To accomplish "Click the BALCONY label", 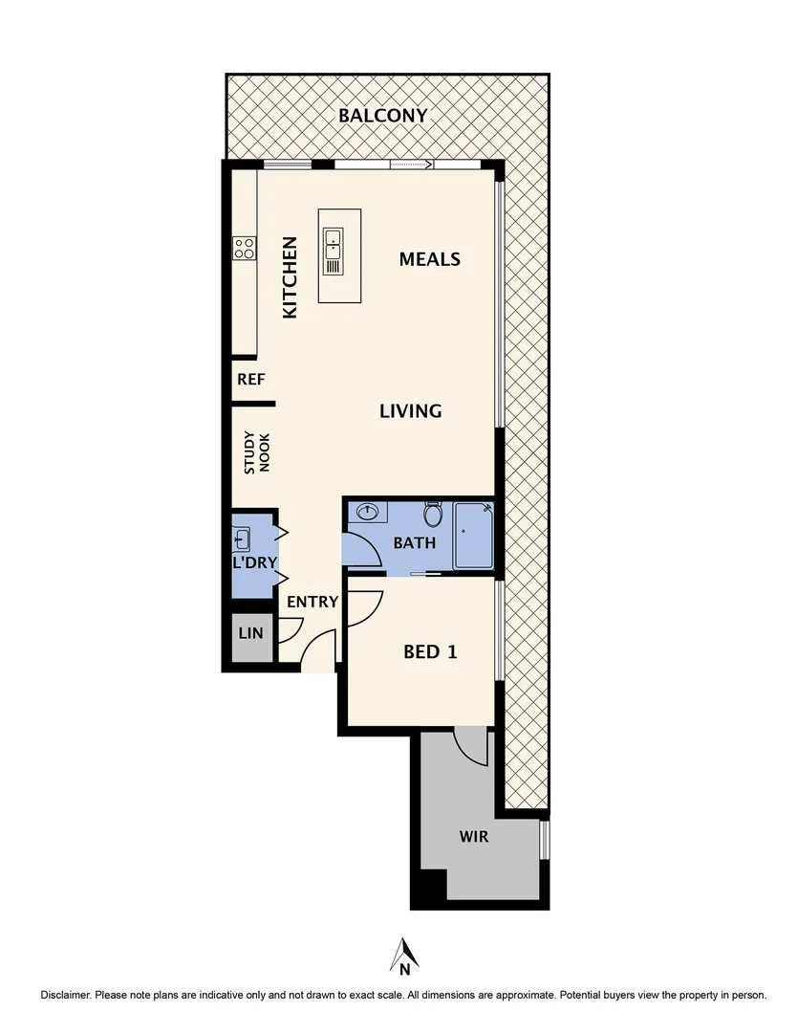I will pyautogui.click(x=382, y=116).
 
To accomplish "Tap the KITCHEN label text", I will pyautogui.click(x=290, y=277).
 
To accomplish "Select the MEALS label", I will pyautogui.click(x=430, y=259).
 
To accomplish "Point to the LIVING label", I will pyautogui.click(x=411, y=411).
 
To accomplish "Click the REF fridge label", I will pyautogui.click(x=250, y=380).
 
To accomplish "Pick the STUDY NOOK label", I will pyautogui.click(x=257, y=453).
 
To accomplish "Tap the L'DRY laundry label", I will pyautogui.click(x=253, y=562).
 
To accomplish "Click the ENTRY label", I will pyautogui.click(x=312, y=602).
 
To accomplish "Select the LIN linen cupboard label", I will pyautogui.click(x=250, y=632).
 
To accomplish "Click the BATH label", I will pyautogui.click(x=415, y=543).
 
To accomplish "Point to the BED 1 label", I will pyautogui.click(x=430, y=652).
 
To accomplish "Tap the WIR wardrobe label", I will pyautogui.click(x=474, y=837).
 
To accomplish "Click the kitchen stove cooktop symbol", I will pyautogui.click(x=245, y=249).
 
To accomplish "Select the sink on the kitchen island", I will pyautogui.click(x=334, y=251).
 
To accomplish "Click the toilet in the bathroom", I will pyautogui.click(x=433, y=516).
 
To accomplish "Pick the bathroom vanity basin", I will pyautogui.click(x=368, y=513).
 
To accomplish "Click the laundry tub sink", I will pyautogui.click(x=241, y=538).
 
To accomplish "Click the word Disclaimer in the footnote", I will pyautogui.click(x=65, y=996).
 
